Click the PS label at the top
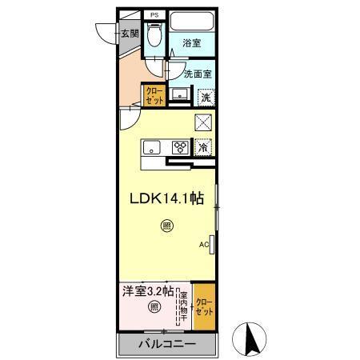[154, 14]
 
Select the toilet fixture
[154, 36]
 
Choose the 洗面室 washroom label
[197, 74]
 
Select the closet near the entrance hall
[154, 96]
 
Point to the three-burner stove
[181, 146]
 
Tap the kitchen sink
[154, 146]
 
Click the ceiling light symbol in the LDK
[166, 226]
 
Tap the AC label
[203, 244]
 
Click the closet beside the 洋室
[205, 305]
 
